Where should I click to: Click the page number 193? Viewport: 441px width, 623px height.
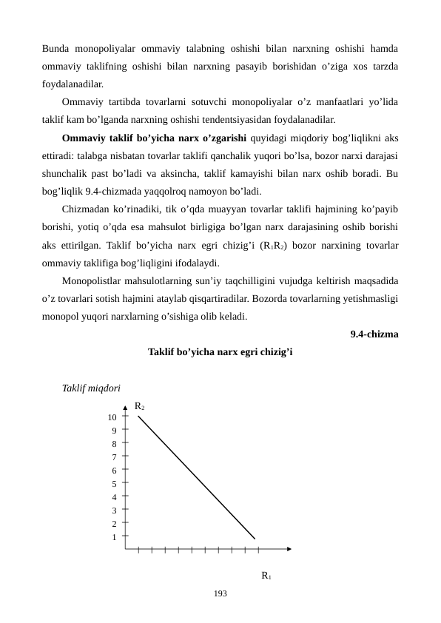pos(220,593)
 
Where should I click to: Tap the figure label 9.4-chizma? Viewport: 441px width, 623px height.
pos(374,334)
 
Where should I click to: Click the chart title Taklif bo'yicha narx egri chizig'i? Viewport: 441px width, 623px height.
pos(220,352)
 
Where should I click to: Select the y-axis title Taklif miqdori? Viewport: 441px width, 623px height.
pos(92,388)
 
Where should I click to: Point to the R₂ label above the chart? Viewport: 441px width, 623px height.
pos(139,407)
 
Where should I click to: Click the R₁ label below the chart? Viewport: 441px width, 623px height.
pos(266,575)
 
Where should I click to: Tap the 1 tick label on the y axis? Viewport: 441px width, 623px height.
pos(114,537)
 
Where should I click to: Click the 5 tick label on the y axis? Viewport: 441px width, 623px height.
pos(114,484)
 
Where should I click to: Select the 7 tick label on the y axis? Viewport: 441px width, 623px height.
pos(114,457)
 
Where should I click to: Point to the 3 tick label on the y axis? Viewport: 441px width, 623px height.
pos(114,511)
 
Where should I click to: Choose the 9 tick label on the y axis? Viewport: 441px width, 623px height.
pos(114,431)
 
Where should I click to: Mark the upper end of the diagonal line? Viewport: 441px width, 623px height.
pos(139,417)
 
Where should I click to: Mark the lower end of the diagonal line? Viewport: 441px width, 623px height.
pos(255,538)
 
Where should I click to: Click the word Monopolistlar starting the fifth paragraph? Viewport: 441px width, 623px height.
pos(92,280)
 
